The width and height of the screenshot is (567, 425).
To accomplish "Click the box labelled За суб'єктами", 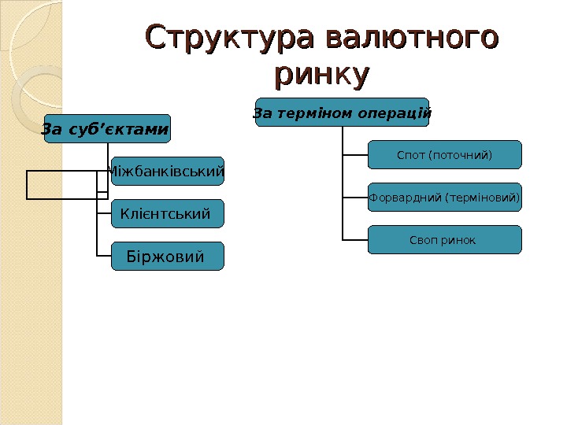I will click(x=106, y=129).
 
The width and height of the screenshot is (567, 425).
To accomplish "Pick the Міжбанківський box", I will click(x=167, y=171).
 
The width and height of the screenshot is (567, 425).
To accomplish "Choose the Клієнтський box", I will click(x=167, y=213).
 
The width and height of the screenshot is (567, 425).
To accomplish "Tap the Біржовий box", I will click(x=167, y=257).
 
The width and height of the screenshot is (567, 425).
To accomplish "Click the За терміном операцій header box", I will click(x=343, y=113).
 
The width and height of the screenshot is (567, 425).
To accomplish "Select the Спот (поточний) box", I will click(x=444, y=155).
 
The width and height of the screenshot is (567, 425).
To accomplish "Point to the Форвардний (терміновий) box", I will click(x=444, y=198).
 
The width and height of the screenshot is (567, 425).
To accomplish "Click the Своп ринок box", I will click(x=444, y=240).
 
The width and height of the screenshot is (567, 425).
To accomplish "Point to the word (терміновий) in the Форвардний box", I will click(x=482, y=198).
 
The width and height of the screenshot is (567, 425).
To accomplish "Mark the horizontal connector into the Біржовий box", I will click(x=103, y=257).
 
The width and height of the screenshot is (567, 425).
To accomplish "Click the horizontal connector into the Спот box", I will click(x=355, y=155).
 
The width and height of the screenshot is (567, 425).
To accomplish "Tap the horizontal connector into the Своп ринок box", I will click(x=355, y=239).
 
